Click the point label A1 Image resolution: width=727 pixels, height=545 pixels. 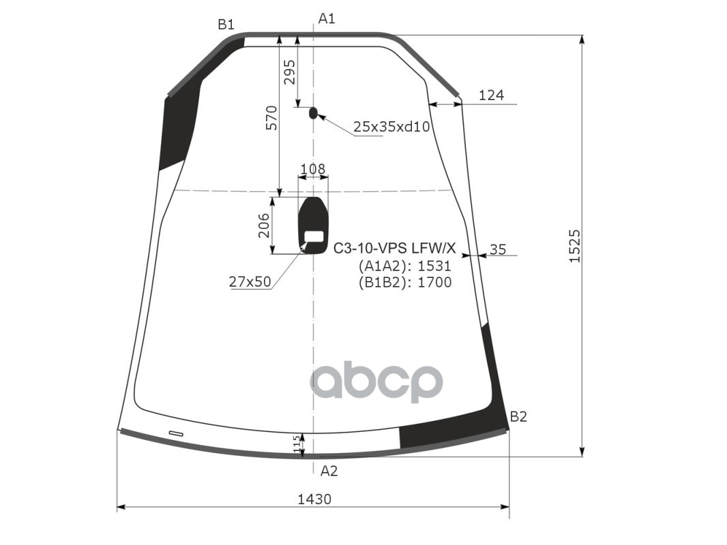tap(327, 18)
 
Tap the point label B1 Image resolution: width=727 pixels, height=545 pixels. tap(226, 25)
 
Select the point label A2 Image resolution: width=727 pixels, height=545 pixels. tap(329, 471)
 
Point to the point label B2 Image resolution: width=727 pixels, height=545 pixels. tap(518, 417)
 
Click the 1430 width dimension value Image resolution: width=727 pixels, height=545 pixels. tap(314, 499)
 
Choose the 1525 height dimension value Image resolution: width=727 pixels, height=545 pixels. tap(574, 246)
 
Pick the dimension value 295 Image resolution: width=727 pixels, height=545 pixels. tap(289, 72)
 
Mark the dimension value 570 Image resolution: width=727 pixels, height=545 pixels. tap(271, 118)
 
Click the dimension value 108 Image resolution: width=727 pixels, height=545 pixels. tap(313, 169)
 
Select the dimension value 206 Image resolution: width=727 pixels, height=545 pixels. tap(264, 225)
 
